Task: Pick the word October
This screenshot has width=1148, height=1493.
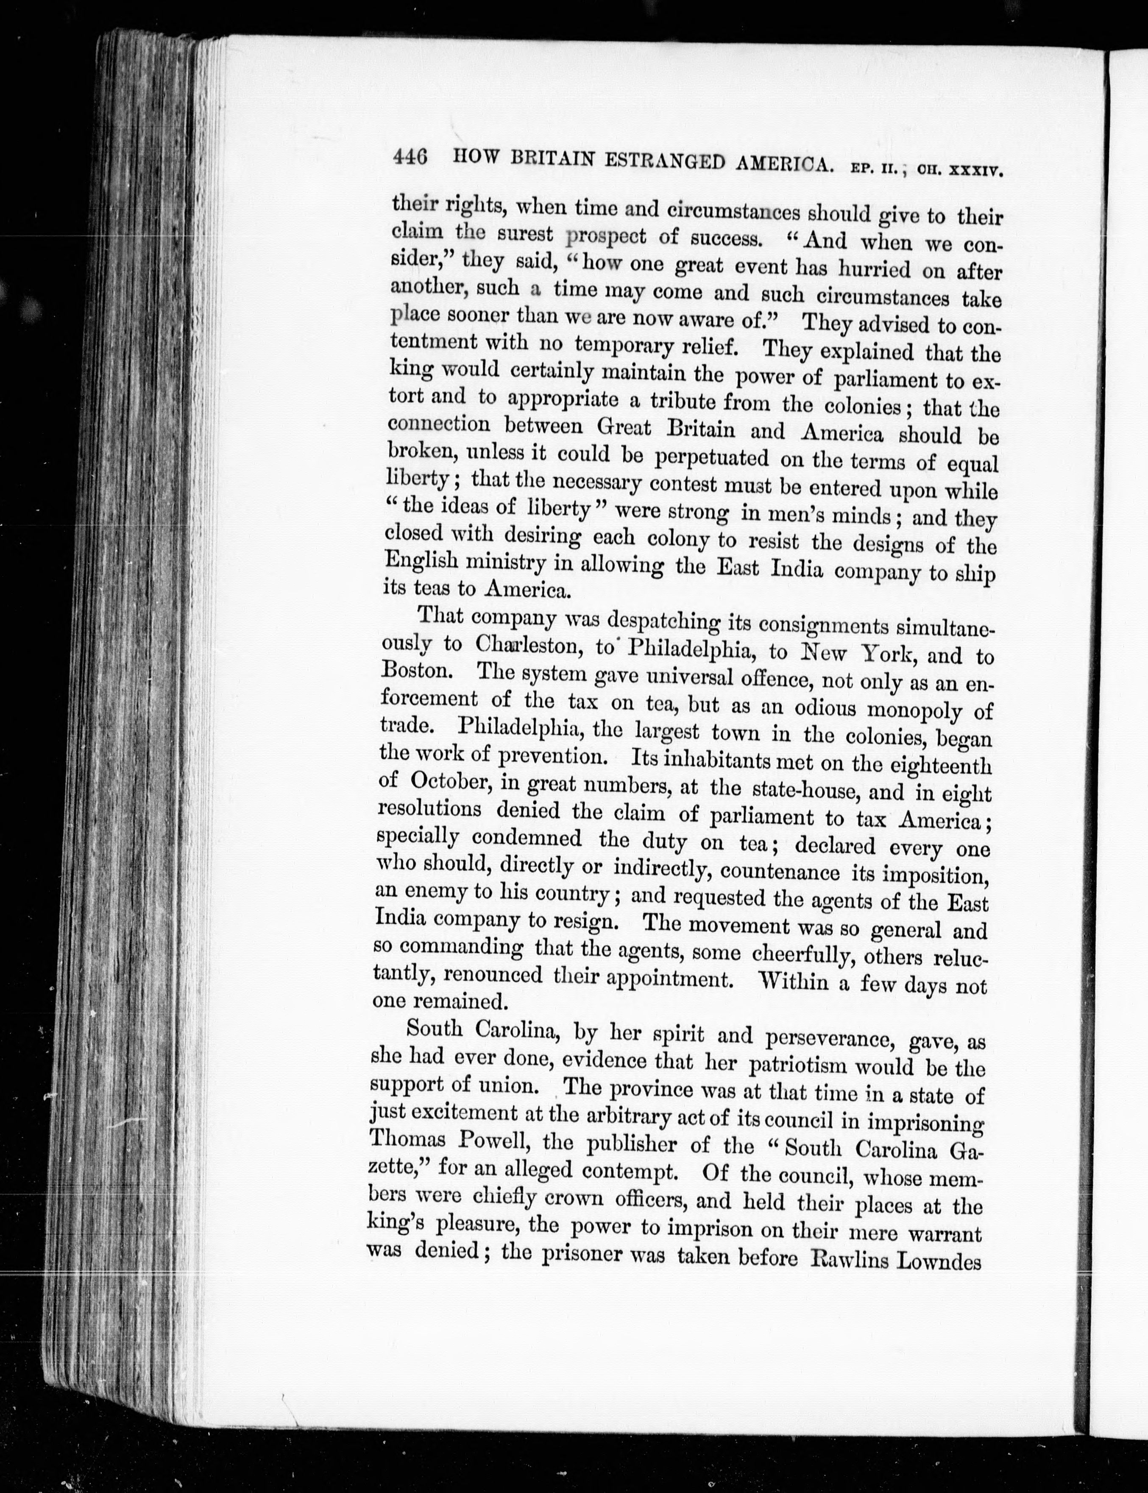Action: [451, 781]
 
